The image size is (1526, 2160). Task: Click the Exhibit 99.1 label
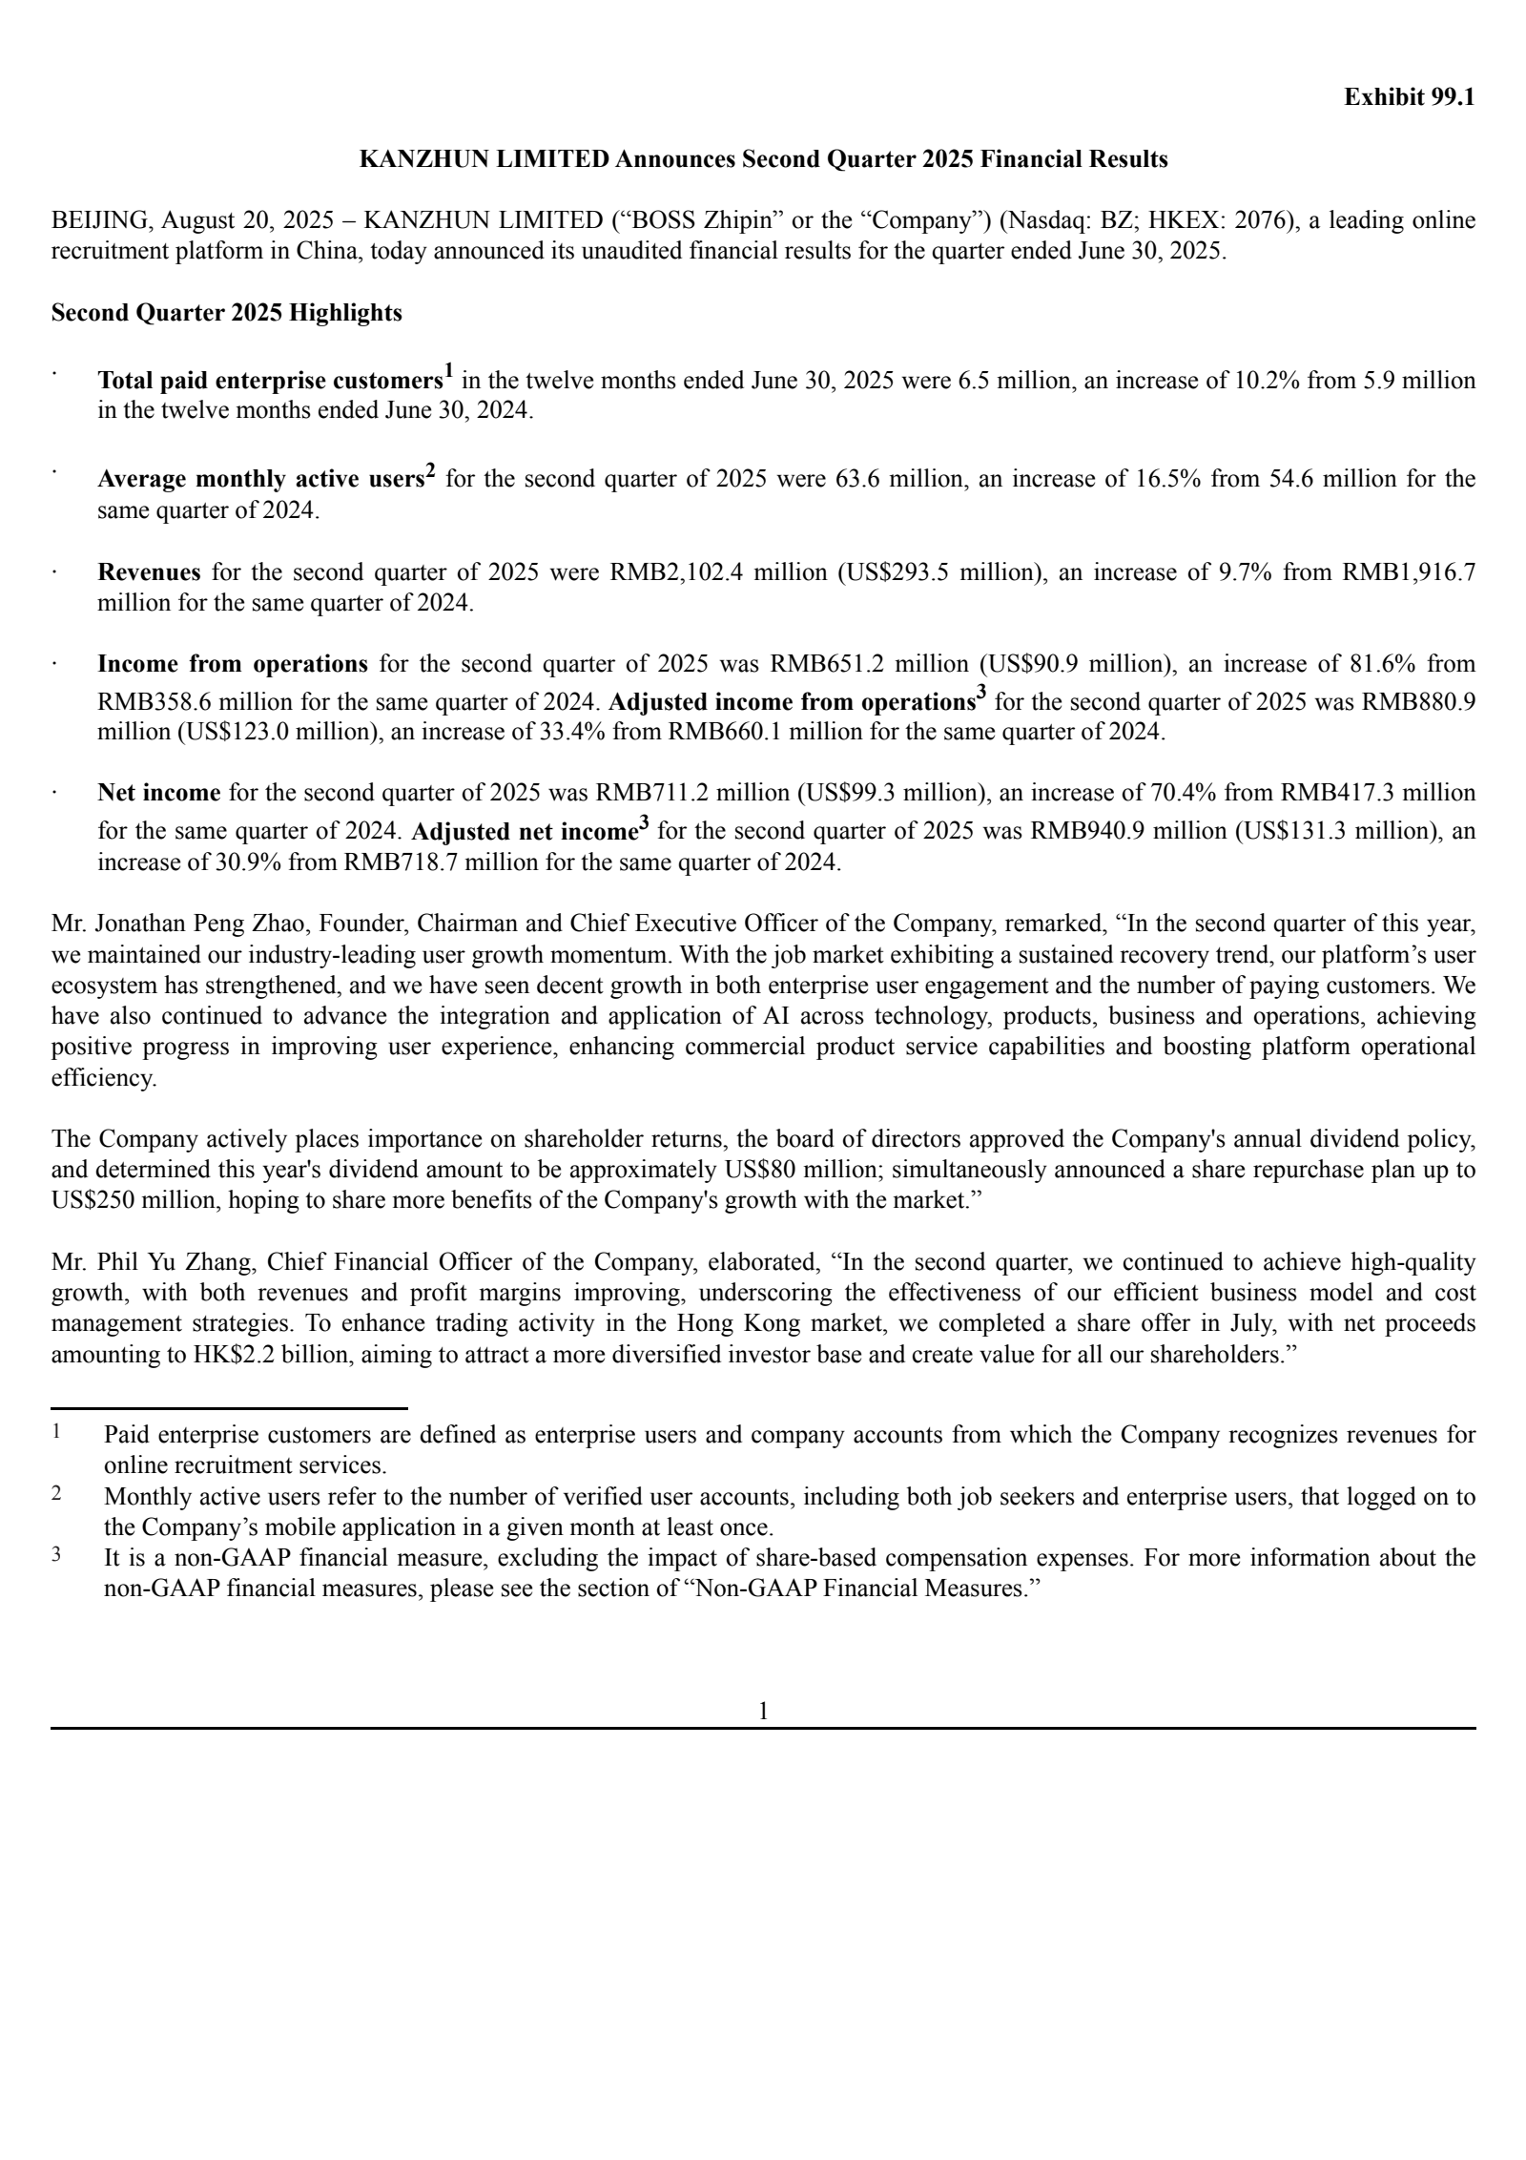coord(1409,97)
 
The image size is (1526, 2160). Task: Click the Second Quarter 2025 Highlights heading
coord(226,313)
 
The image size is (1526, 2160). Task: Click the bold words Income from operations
coord(232,664)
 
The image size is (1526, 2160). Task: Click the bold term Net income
coord(158,793)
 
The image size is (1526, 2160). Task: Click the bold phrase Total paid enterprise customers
coord(270,382)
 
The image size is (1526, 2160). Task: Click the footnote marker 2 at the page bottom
coord(57,1494)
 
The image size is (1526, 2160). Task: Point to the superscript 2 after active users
coord(430,470)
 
